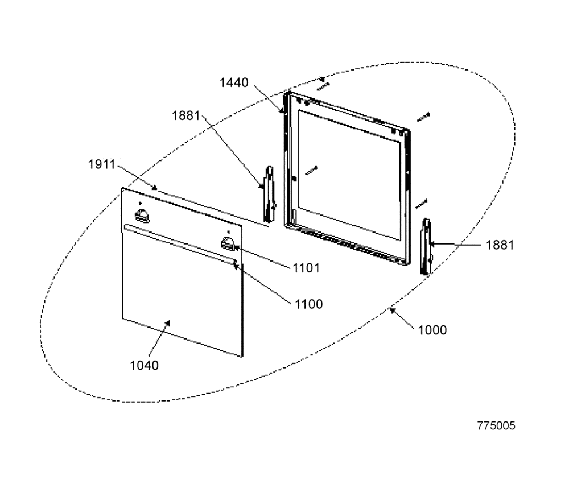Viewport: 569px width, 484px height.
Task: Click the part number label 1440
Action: tap(234, 82)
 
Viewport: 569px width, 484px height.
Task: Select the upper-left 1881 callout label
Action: tap(186, 116)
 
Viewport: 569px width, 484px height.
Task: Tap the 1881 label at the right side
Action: tap(500, 245)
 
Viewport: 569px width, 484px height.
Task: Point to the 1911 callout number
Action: tap(102, 164)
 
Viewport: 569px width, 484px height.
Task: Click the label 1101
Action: tap(306, 268)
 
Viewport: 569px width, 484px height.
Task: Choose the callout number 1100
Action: tap(308, 304)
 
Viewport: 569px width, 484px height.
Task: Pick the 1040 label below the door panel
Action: tap(144, 365)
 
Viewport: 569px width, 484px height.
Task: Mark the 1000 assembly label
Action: tap(432, 330)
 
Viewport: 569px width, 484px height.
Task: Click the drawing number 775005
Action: tap(496, 425)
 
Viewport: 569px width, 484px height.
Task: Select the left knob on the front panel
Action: tap(142, 216)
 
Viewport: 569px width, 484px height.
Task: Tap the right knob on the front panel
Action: tap(228, 243)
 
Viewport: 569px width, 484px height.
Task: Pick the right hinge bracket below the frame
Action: tap(426, 246)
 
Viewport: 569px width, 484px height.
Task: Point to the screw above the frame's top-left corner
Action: tap(323, 86)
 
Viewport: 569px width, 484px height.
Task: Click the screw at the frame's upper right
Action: tap(423, 117)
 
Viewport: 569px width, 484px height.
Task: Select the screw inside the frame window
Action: tap(311, 170)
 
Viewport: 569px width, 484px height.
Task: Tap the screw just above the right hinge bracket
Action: tap(421, 204)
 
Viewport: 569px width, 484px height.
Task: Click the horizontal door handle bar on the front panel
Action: tap(180, 244)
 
